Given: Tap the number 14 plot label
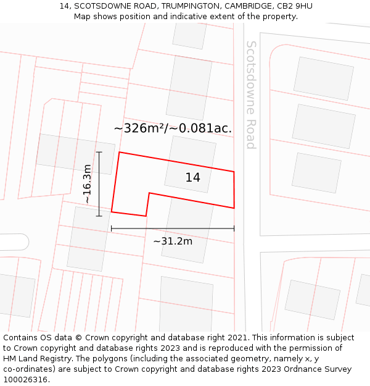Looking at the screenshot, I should point(192,177).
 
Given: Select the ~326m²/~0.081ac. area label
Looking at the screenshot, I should point(173,128).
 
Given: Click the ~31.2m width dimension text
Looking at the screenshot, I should point(173,241).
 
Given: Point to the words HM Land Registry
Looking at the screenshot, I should point(38,359).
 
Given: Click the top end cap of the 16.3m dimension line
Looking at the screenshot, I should point(99,152).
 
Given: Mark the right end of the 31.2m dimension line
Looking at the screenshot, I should point(234,229).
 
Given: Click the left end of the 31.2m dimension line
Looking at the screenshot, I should point(112,229).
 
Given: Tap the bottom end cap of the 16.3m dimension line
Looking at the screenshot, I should point(99,216).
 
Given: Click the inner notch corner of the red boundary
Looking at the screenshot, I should point(149,193).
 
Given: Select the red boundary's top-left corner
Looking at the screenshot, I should point(119,152).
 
